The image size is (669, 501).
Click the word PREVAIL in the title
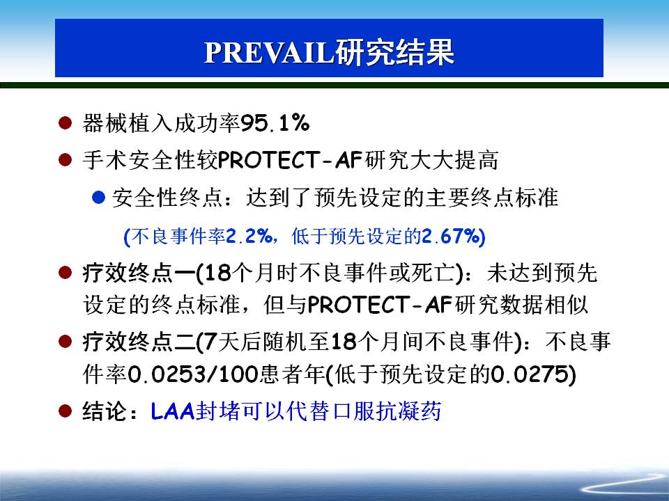pos(269,53)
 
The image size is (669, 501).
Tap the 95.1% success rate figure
pos(275,124)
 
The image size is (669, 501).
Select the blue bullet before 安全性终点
pos(98,197)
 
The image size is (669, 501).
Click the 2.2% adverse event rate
pos(249,236)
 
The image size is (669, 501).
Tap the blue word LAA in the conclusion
pos(173,411)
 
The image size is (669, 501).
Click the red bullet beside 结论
pos(65,411)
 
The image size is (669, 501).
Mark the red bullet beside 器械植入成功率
pos(65,123)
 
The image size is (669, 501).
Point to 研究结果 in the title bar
pos(394,53)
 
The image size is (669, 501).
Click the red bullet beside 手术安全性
pos(65,160)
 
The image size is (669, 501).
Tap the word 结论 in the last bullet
pos(105,411)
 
